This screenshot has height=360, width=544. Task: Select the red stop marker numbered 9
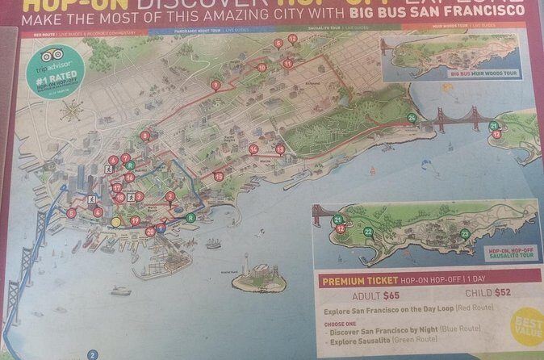pyautogui.click(x=215, y=85)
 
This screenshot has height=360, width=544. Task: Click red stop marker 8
pyautogui.click(x=144, y=136)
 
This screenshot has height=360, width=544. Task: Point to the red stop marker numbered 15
pyautogui.click(x=219, y=176)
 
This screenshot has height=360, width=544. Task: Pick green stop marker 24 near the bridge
pyautogui.click(x=412, y=118)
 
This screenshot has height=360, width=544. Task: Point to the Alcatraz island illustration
pyautogui.click(x=256, y=278)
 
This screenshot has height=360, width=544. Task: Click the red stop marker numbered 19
pyautogui.click(x=136, y=220)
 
